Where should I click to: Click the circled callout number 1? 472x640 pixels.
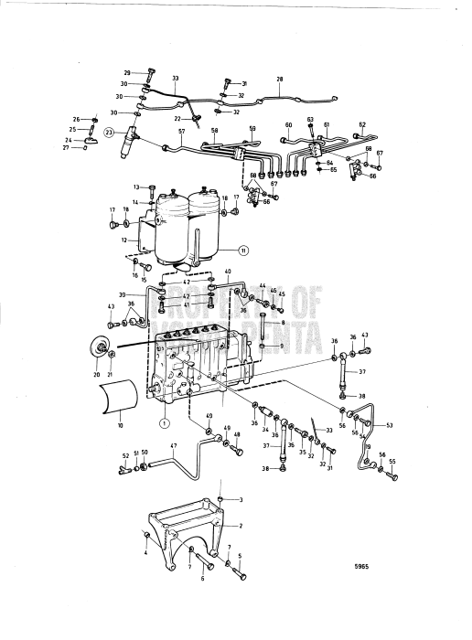[x=165, y=423]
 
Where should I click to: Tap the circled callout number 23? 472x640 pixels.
[x=110, y=133]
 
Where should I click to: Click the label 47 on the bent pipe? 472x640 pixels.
[x=171, y=447]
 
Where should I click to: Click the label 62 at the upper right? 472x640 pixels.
[x=362, y=125]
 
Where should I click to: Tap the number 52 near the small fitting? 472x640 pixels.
[x=126, y=455]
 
